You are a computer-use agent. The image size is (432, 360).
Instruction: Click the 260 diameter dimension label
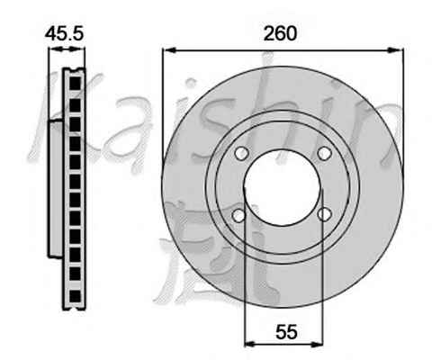tap(280, 33)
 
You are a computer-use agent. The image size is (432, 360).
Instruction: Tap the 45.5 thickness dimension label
tap(64, 33)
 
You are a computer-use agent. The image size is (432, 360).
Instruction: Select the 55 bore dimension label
tap(286, 332)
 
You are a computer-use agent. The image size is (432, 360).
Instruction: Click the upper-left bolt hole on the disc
tap(242, 153)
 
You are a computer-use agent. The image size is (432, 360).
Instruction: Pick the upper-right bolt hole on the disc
tap(324, 153)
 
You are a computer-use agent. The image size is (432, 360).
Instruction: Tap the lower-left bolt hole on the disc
tap(238, 215)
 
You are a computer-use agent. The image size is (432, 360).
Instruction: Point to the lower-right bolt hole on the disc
tap(325, 214)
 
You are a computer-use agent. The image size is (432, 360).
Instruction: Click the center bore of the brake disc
tap(283, 187)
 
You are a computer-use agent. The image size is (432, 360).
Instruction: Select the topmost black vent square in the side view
tap(75, 84)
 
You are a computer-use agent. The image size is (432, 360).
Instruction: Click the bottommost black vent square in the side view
tap(75, 296)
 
